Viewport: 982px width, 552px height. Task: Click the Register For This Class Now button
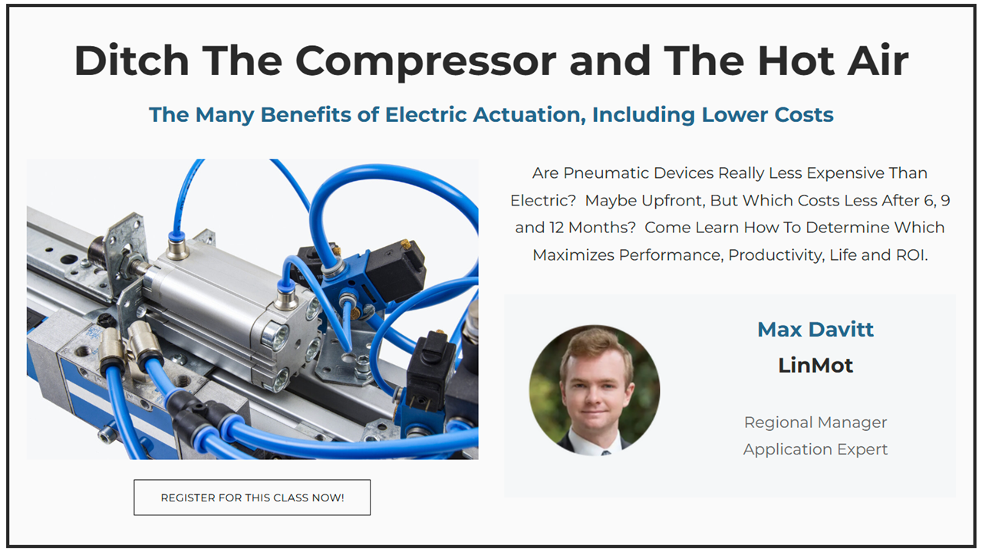252,498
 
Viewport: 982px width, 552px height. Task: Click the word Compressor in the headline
426,61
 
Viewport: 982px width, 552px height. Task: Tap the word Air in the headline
878,60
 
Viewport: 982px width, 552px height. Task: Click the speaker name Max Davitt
816,330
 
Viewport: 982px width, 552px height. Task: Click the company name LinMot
816,366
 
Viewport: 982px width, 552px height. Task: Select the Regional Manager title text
816,422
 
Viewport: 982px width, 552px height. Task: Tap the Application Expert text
816,449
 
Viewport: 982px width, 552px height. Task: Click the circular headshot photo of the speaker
595,390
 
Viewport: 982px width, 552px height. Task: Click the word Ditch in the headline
132,61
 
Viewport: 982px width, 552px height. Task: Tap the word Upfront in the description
674,201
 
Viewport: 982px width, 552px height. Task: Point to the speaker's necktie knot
605,452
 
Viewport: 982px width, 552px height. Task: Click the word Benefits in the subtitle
305,115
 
